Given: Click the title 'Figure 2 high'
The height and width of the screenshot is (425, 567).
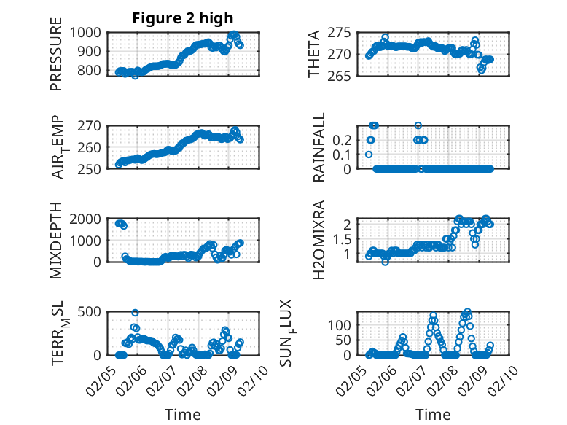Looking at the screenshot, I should (183, 17).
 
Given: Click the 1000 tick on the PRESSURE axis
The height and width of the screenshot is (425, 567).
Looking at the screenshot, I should (88, 32).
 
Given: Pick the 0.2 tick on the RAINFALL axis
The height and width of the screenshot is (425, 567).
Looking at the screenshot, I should (348, 139).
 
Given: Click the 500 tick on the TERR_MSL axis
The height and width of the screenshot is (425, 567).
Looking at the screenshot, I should (92, 312).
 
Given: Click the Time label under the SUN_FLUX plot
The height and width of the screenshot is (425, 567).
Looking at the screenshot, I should (433, 414).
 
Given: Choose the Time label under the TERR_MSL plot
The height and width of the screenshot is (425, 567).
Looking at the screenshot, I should (183, 414).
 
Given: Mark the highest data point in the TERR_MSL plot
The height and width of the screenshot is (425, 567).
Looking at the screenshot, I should (135, 313).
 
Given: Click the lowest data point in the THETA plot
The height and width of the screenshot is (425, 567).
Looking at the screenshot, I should (481, 70).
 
